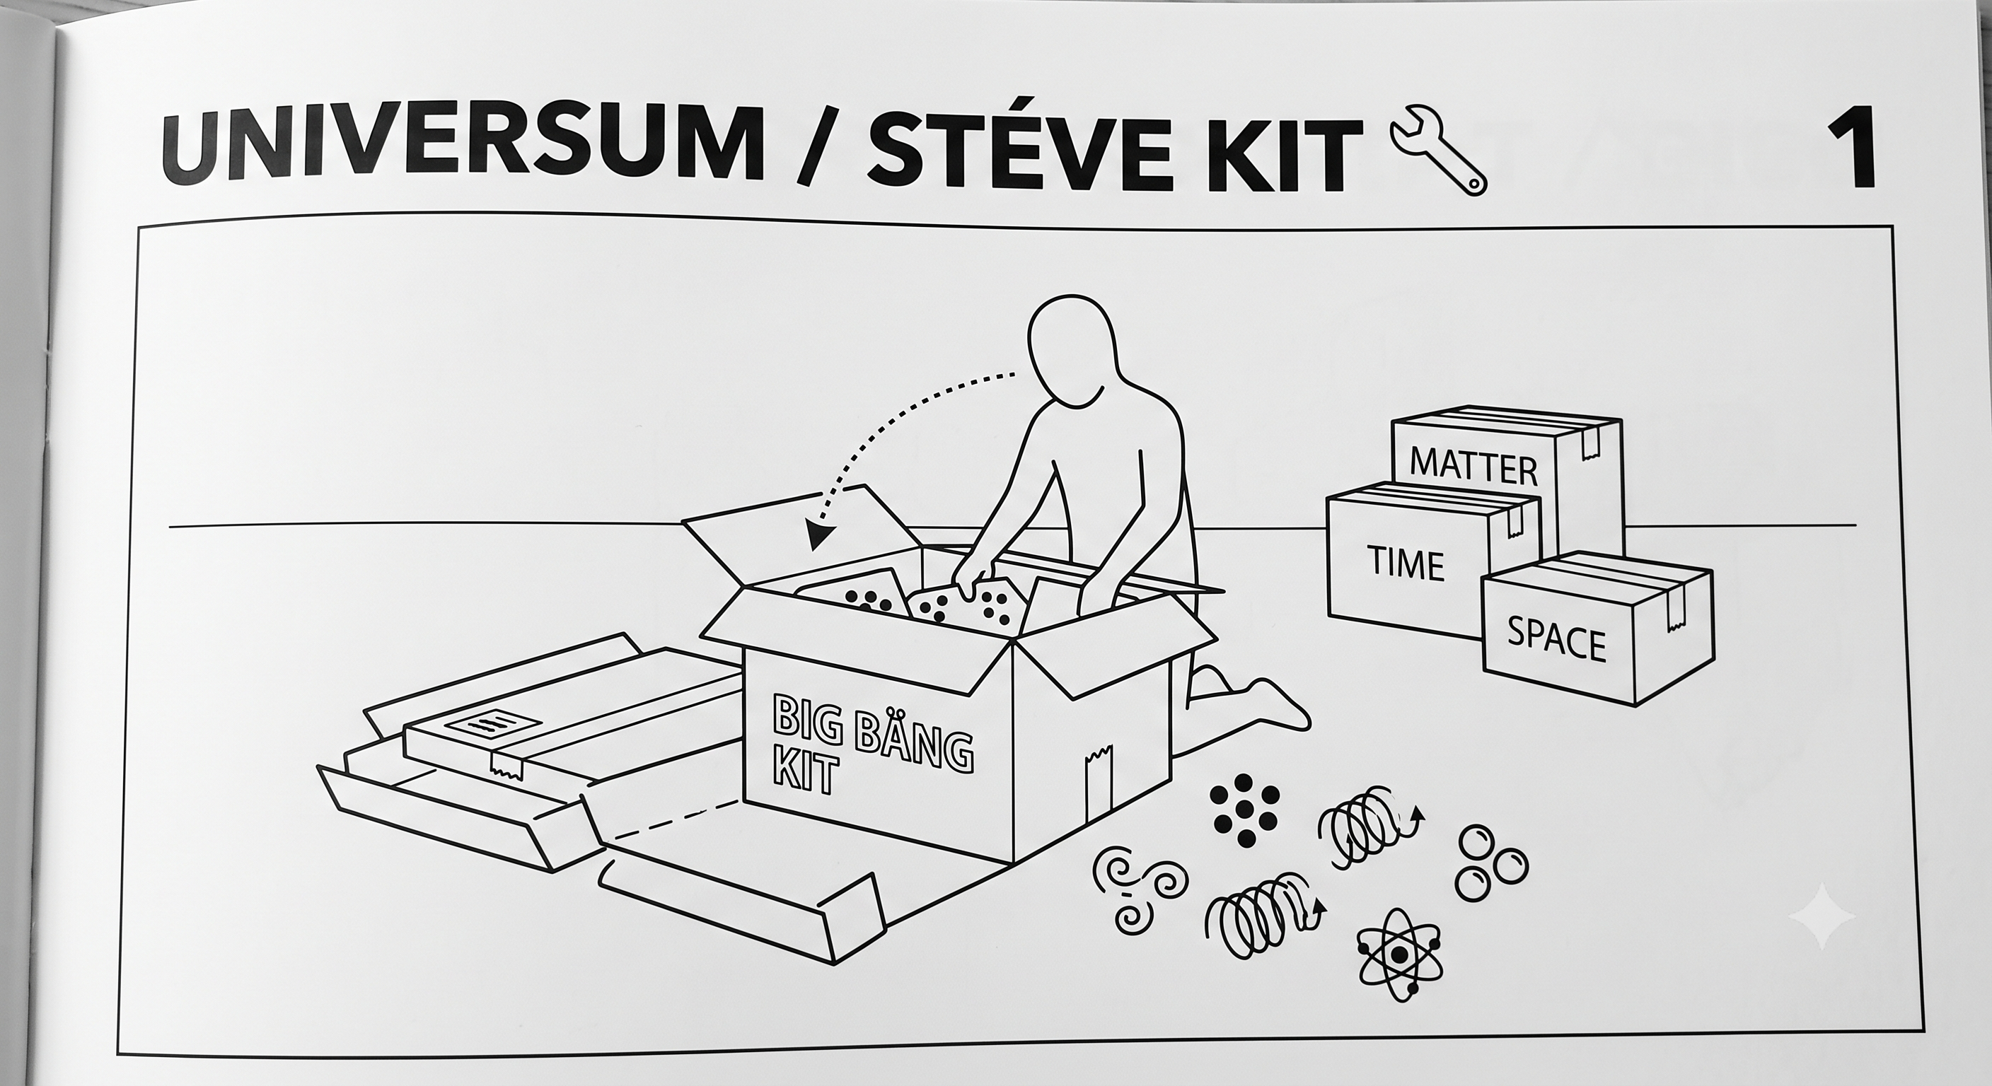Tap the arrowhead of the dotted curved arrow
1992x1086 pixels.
point(815,532)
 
